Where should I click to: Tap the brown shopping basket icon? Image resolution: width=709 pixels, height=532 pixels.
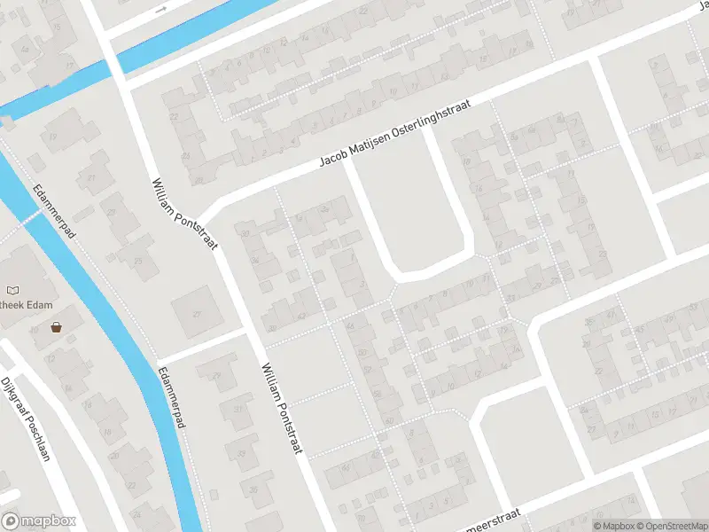58,326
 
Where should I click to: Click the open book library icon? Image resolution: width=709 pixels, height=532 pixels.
12,290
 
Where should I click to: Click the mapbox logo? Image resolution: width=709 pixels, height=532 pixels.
39,521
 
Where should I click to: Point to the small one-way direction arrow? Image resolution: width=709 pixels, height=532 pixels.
160,10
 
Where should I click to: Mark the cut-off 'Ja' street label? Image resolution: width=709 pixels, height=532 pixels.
699,7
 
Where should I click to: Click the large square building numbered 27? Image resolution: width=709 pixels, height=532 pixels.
197,312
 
